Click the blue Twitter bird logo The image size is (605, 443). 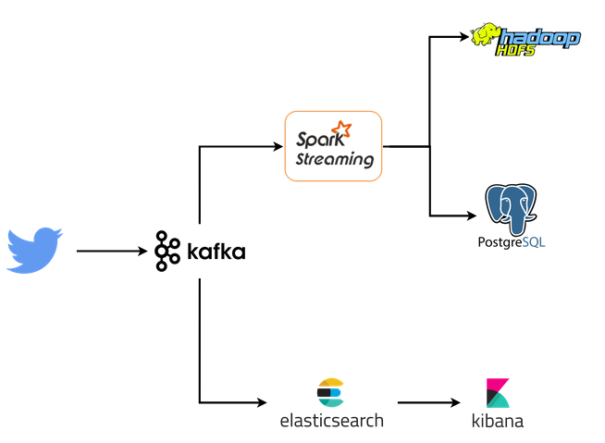tap(34, 250)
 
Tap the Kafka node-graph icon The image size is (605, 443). tap(167, 251)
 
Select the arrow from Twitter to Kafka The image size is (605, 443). tap(111, 251)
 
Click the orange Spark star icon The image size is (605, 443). tap(342, 130)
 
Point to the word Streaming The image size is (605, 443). tap(334, 159)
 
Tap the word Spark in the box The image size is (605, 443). tap(315, 141)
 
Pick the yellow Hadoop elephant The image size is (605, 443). tap(486, 36)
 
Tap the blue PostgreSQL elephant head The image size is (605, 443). tap(511, 209)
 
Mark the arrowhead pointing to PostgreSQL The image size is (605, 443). tap(472, 215)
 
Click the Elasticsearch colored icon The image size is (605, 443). tap(329, 393)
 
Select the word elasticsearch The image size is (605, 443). tap(331, 421)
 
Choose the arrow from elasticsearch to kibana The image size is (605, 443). tap(428, 403)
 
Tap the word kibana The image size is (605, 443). tap(498, 422)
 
